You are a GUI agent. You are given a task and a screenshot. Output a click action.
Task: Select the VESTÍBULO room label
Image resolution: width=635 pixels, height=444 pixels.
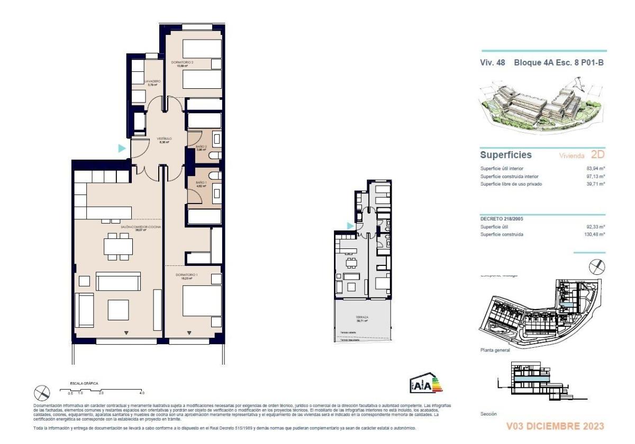(x=165, y=140)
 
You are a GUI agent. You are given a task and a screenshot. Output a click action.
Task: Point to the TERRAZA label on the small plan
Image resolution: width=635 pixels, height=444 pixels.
(x=362, y=318)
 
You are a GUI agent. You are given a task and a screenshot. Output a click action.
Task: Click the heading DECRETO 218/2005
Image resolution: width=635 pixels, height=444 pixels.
(x=503, y=218)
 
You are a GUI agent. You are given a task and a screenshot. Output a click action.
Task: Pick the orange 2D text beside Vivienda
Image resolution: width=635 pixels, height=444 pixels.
(x=597, y=155)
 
